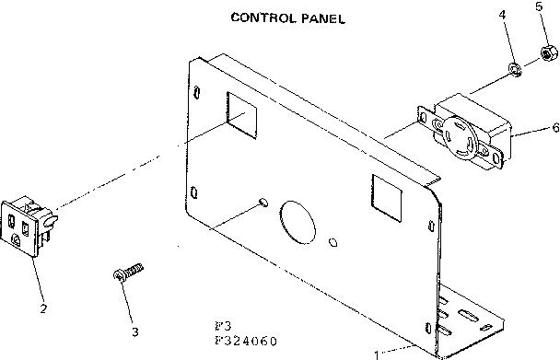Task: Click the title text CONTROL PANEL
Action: click(287, 17)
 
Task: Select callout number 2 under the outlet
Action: click(42, 308)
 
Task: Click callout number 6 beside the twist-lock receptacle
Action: click(554, 127)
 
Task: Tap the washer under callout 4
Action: click(516, 68)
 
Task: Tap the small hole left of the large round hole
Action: click(263, 200)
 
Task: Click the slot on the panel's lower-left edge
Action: click(192, 192)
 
